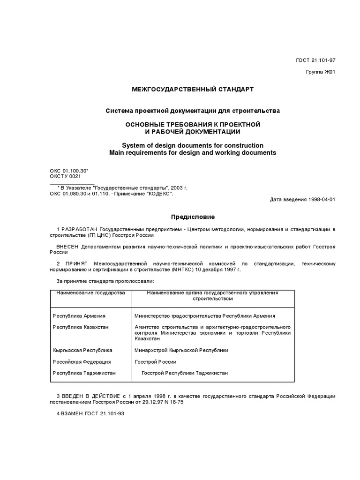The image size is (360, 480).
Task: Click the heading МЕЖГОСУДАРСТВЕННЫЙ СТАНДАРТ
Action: (x=192, y=89)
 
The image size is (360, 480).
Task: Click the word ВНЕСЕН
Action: (x=68, y=247)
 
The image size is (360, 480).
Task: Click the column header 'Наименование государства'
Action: (x=90, y=292)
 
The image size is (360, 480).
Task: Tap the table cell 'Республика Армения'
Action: (x=79, y=316)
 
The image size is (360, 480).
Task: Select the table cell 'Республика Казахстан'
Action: (x=81, y=327)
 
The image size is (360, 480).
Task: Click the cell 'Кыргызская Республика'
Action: (x=82, y=350)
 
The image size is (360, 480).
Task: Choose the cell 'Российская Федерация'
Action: (x=82, y=362)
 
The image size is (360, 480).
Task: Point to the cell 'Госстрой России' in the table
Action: (x=155, y=362)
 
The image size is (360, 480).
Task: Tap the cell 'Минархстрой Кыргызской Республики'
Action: (x=181, y=350)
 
